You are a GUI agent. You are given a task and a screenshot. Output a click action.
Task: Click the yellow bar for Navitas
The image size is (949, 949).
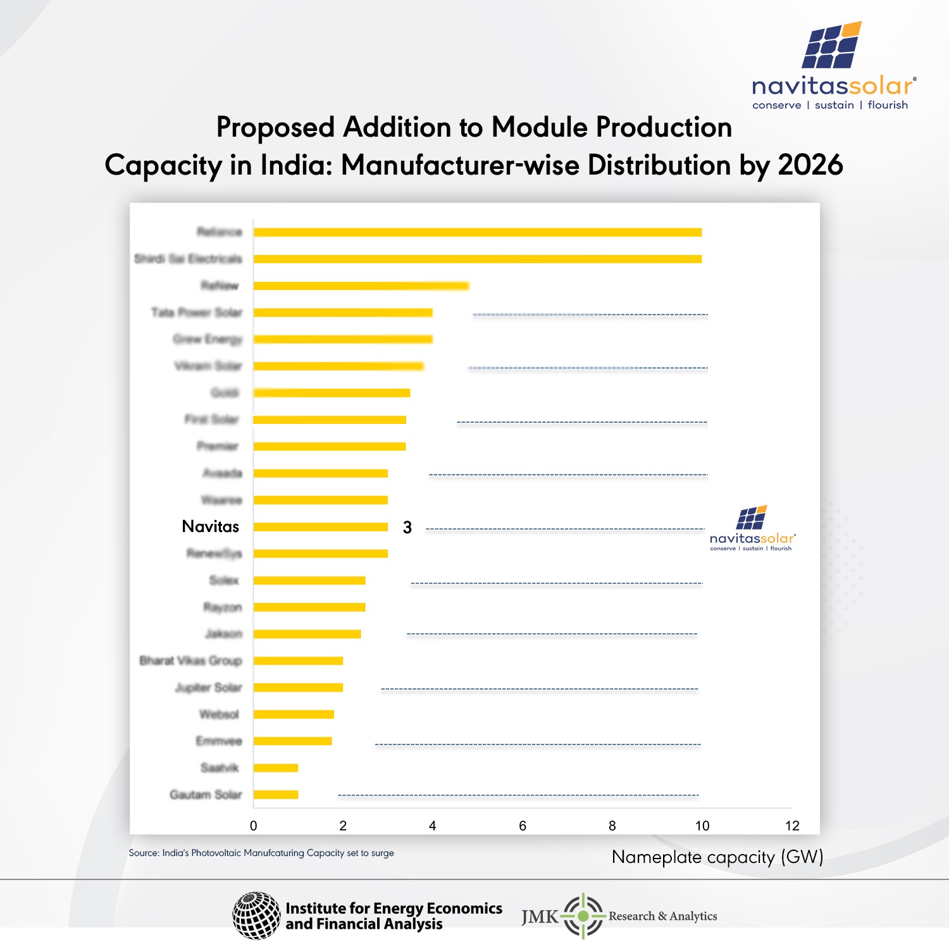coord(321,527)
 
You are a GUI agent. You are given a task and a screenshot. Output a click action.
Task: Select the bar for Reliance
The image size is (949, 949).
coord(478,232)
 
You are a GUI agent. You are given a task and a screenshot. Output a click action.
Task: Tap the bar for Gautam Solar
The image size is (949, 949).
coord(276,795)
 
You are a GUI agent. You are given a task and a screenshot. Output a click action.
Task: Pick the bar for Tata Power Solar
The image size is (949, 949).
coord(343,313)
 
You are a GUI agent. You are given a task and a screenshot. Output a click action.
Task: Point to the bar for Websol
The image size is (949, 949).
coord(294,714)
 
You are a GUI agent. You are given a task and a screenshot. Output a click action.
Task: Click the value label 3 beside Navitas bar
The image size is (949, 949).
coord(407,528)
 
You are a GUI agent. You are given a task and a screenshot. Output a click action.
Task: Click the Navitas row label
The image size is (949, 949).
coord(210,526)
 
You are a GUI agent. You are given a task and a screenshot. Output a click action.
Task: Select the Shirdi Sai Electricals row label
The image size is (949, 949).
coord(188,259)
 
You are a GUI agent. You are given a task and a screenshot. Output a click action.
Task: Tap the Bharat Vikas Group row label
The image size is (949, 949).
coord(190,661)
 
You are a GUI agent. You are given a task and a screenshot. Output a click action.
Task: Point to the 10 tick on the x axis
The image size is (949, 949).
coord(702,826)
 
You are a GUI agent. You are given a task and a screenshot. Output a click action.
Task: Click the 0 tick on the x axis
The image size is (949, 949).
coord(254,826)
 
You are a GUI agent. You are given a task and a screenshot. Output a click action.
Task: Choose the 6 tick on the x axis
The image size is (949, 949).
coord(523,826)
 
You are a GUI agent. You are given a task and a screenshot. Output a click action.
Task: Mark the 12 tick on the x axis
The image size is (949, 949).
coord(792,826)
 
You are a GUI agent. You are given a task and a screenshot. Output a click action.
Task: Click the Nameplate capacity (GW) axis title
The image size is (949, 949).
coord(717,857)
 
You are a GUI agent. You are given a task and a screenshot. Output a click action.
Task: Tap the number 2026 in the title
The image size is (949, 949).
coord(810,165)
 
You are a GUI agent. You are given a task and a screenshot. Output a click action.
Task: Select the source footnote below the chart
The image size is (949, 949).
coord(261,853)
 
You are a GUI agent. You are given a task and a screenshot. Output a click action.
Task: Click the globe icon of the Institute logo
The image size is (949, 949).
coord(256,915)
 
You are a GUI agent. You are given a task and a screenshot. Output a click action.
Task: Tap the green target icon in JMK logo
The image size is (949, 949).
coord(583,915)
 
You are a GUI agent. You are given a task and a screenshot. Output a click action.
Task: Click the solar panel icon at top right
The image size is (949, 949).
coord(831,46)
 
